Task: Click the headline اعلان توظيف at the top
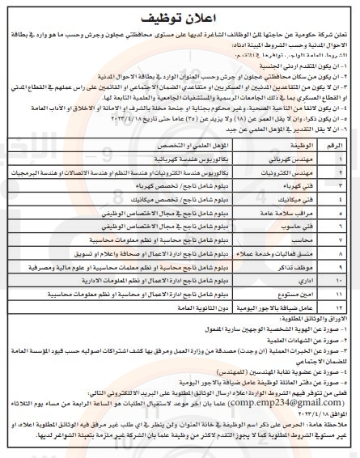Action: (180, 16)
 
